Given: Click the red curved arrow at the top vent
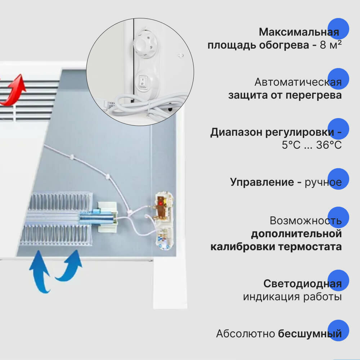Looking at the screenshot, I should click(x=15, y=90).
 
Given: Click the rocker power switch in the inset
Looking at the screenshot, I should click(x=143, y=82).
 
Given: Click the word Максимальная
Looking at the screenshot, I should click(x=299, y=32).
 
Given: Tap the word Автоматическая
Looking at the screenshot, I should click(x=298, y=82).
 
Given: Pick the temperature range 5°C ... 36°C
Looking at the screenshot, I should click(x=312, y=145).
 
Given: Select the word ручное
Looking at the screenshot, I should click(x=323, y=182).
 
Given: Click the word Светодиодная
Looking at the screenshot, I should click(x=302, y=284).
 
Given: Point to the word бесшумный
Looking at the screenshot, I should click(x=310, y=334).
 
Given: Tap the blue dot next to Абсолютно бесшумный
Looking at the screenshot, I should click(x=339, y=330).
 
